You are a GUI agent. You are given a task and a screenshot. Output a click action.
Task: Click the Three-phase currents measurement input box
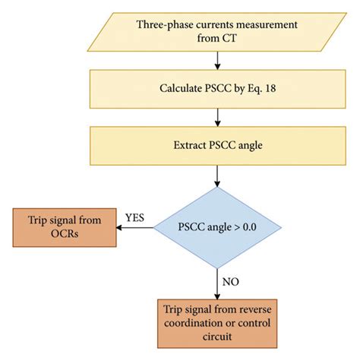219,32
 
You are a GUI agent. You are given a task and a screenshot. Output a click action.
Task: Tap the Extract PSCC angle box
219,142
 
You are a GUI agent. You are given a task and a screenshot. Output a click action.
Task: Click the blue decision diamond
219,226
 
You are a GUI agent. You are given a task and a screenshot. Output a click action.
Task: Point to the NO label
230,281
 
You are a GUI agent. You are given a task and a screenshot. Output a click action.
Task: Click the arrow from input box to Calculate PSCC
219,59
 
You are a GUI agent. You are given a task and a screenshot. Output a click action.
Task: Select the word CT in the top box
232,40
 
